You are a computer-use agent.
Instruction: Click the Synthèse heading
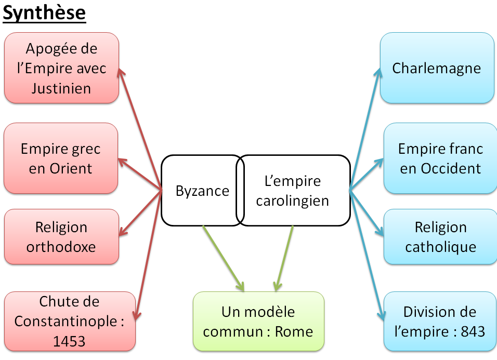coord(44,12)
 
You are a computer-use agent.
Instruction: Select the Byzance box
coord(200,191)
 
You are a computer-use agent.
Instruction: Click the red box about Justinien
coord(61,68)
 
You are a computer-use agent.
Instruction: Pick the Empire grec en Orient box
coord(60,158)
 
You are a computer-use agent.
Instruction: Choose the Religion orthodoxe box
coord(61,236)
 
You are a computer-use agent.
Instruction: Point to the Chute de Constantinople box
coord(69,321)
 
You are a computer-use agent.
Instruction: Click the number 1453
coord(69,341)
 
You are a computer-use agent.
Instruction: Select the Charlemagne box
coord(437,68)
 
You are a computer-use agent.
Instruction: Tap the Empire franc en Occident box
coord(440,158)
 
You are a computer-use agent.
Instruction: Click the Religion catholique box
coord(440,236)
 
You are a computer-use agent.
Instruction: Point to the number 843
coord(473,331)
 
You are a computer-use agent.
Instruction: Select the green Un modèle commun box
coord(258,321)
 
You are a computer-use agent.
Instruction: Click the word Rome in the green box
coord(294,331)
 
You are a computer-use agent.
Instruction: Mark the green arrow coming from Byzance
coord(223,257)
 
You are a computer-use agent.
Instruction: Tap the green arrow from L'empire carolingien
coord(284,257)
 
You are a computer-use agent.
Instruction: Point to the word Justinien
coord(61,88)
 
